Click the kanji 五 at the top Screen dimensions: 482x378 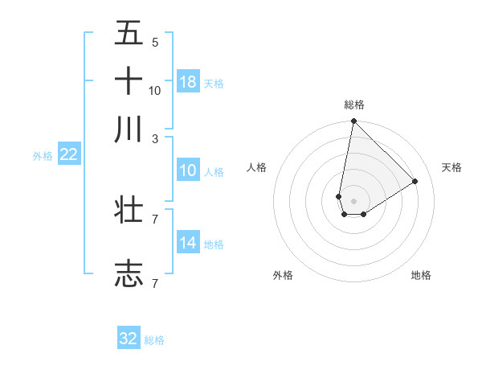(x=129, y=33)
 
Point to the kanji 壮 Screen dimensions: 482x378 (x=129, y=211)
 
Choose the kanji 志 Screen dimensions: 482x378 (x=129, y=273)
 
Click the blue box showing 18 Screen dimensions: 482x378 (x=188, y=81)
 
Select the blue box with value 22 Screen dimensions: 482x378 (x=68, y=154)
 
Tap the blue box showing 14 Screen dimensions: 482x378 (x=188, y=243)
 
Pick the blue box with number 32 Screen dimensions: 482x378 (x=129, y=339)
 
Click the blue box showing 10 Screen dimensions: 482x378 (x=188, y=171)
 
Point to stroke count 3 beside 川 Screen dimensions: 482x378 (x=155, y=138)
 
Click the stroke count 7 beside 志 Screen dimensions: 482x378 (x=155, y=283)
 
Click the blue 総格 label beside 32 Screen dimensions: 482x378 (x=154, y=340)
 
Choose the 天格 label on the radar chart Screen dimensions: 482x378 (x=451, y=167)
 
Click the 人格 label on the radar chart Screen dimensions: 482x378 (x=256, y=167)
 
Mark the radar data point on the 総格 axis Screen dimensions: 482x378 (x=353, y=122)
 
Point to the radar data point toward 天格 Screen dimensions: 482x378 (x=415, y=181)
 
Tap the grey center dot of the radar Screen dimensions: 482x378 (x=353, y=201)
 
